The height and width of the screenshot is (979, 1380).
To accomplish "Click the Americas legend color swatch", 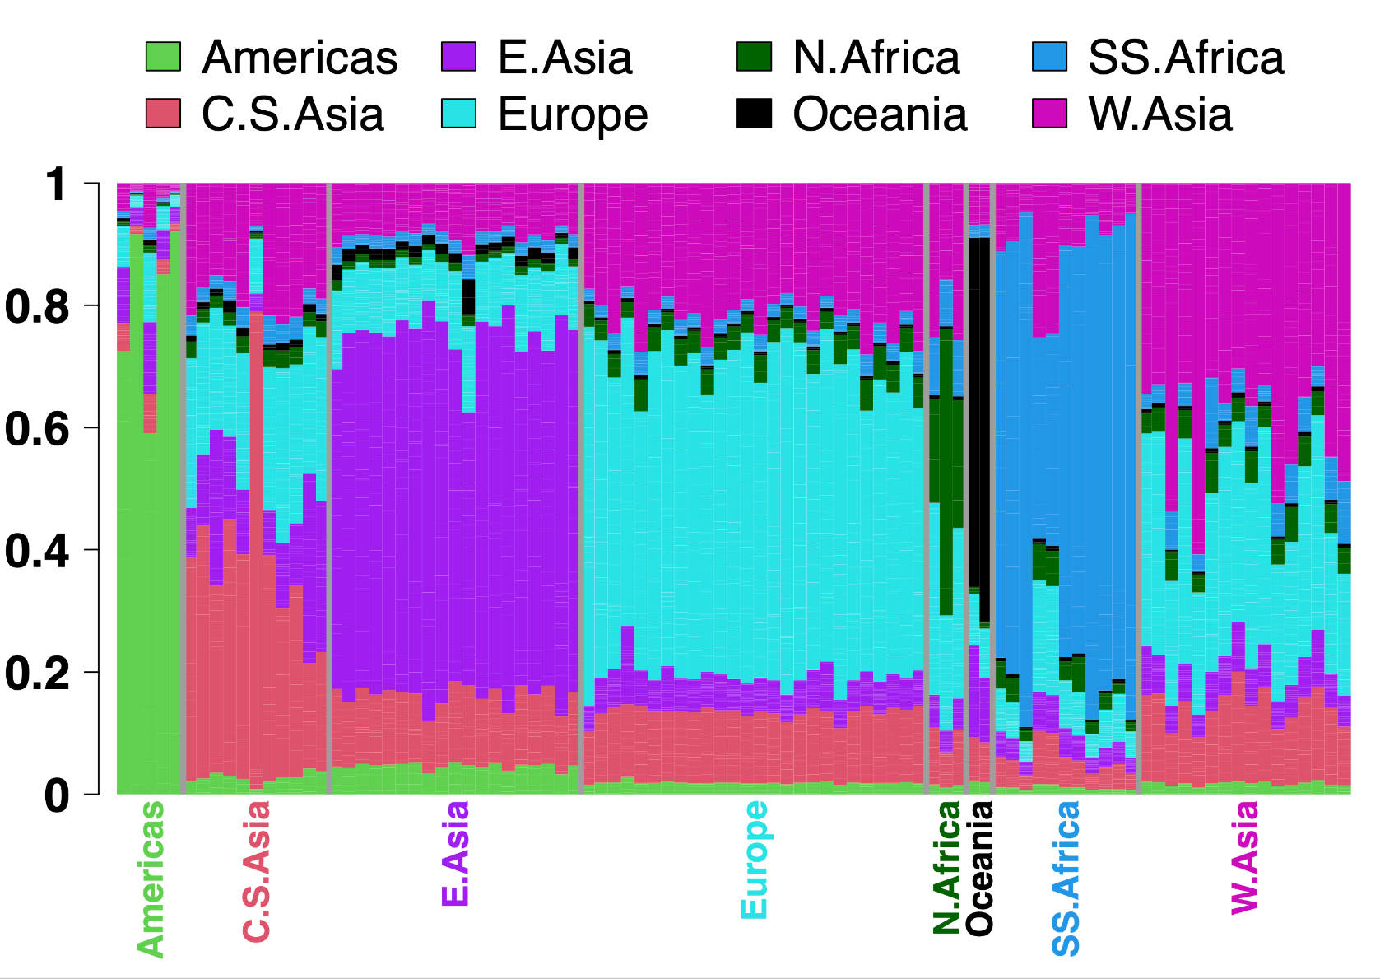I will [162, 57].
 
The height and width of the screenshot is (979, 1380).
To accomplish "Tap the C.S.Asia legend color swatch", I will [162, 113].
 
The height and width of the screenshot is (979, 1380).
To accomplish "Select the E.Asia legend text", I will [565, 58].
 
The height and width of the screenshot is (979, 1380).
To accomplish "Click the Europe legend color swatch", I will [458, 113].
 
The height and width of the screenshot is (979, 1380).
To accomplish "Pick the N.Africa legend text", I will [876, 58].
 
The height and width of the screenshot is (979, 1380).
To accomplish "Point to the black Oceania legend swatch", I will [754, 113].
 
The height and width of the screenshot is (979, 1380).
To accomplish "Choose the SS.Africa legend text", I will [1185, 58].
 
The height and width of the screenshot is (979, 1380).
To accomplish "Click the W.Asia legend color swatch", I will [1049, 113].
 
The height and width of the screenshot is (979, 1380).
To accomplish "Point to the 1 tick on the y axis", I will [56, 184].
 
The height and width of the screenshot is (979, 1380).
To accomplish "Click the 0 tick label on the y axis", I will [56, 795].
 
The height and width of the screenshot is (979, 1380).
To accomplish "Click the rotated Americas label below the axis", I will [151, 879].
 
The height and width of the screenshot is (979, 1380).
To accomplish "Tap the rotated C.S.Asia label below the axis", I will [257, 870].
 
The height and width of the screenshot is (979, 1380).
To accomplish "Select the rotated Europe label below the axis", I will [754, 860].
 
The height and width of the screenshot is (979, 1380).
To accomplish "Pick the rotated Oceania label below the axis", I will [979, 868].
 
